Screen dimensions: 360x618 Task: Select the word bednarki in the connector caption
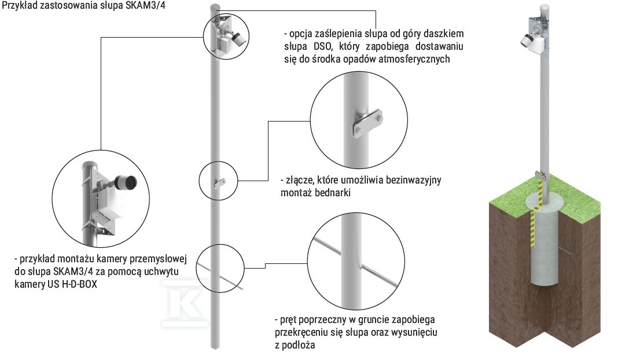click(333, 193)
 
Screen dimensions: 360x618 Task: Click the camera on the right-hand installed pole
click(529, 39)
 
